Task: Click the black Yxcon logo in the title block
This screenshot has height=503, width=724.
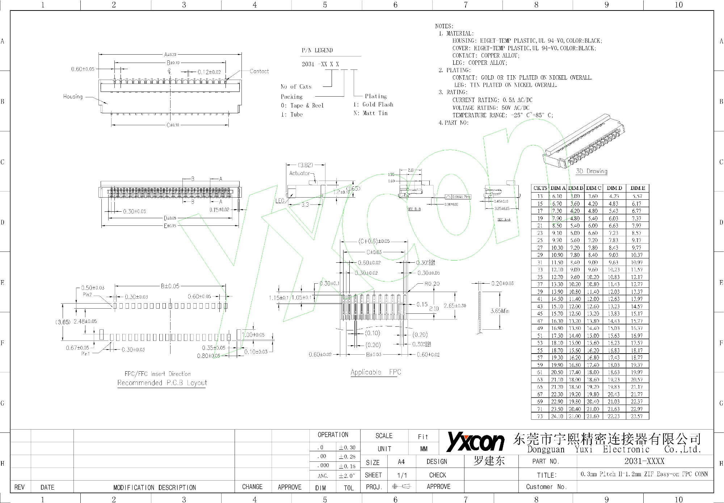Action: click(x=475, y=442)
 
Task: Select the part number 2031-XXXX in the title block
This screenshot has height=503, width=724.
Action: click(x=644, y=461)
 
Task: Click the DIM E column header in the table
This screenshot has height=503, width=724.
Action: click(x=637, y=188)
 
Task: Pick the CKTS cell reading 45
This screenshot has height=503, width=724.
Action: click(x=540, y=314)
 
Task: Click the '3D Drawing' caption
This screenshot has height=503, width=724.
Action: click(x=592, y=171)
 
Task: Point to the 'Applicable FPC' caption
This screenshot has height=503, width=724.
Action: click(x=375, y=372)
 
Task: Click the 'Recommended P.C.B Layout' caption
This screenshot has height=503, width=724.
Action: click(x=162, y=383)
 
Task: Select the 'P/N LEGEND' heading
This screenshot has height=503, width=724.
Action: click(x=317, y=50)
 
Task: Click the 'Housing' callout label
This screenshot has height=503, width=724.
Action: click(x=73, y=97)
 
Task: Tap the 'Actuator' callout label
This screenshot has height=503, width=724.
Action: click(x=299, y=173)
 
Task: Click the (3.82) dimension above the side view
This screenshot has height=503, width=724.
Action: click(x=306, y=165)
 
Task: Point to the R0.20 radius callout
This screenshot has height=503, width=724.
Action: click(x=432, y=284)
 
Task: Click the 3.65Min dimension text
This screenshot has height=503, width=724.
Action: click(x=500, y=311)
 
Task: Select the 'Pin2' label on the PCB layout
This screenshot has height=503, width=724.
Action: click(x=87, y=295)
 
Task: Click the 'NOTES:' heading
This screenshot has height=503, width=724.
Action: click(x=444, y=26)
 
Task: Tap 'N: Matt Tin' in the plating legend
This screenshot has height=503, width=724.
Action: click(x=370, y=113)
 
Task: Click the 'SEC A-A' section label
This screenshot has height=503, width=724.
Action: click(x=504, y=220)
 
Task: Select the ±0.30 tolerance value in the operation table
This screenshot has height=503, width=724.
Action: click(x=347, y=448)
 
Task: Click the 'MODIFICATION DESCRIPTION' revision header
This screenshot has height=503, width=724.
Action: click(x=155, y=487)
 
